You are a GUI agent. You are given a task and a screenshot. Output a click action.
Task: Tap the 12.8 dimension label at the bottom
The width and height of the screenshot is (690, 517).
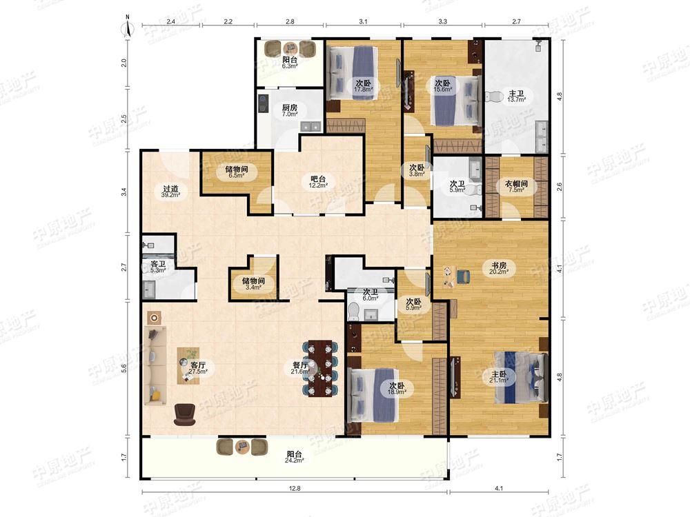tap(295, 488)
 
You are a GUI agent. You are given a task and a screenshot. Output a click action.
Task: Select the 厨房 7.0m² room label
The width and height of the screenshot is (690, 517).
tap(290, 110)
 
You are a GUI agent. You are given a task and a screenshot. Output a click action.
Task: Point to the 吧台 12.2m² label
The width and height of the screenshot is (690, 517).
tap(318, 181)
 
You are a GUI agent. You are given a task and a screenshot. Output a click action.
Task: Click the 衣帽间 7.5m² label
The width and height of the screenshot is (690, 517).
tap(516, 186)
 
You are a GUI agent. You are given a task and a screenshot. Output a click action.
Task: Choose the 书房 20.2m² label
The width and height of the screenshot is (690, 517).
tap(499, 268)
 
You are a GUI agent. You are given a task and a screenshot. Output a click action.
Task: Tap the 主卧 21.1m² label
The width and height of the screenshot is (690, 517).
tap(499, 377)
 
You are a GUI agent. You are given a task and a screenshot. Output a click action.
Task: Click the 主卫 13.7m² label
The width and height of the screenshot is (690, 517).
tap(517, 97)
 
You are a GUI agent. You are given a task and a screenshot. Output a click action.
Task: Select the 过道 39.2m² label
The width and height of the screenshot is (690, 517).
tap(170, 192)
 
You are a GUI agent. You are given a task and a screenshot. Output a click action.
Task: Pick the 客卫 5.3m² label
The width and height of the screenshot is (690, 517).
tap(158, 267)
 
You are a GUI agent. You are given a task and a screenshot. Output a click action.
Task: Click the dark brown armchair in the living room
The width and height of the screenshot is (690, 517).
tap(184, 414)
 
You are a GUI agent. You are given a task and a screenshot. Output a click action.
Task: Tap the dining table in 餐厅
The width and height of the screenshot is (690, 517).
tap(320, 368)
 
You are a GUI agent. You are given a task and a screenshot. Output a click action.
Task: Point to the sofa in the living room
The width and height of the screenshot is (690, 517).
tap(155, 365)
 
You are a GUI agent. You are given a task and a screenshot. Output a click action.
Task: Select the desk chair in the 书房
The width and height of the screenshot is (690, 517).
tap(464, 276)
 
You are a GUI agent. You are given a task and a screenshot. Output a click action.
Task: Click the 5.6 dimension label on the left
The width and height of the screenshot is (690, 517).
tap(124, 368)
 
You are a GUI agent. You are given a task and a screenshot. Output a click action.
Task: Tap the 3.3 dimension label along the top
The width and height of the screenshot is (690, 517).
tap(443, 21)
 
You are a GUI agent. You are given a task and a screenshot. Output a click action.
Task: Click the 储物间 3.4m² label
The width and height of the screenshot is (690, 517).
tap(253, 284)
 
